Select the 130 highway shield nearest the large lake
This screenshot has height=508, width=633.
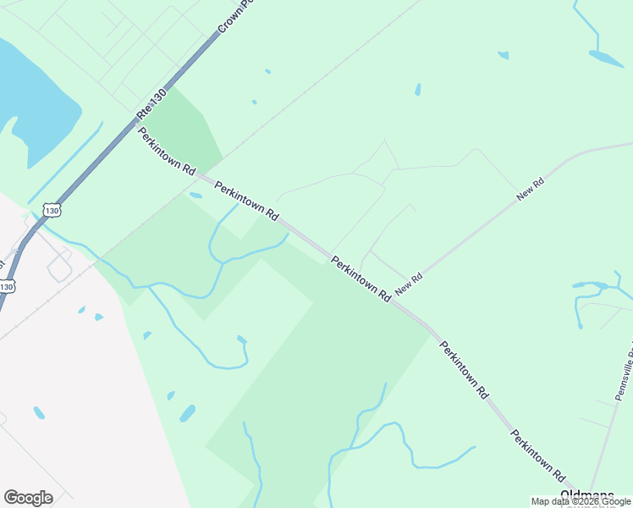52,209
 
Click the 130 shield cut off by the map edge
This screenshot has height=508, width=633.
6,287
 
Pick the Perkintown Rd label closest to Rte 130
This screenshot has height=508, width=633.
166,152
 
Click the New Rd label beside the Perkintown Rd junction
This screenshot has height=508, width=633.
409,283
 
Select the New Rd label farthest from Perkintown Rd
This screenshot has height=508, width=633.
531,189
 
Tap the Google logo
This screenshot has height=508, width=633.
28,497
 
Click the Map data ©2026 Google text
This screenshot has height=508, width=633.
580,501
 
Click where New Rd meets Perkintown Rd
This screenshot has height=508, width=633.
394,301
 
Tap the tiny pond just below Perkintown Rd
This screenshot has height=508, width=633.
196,196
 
